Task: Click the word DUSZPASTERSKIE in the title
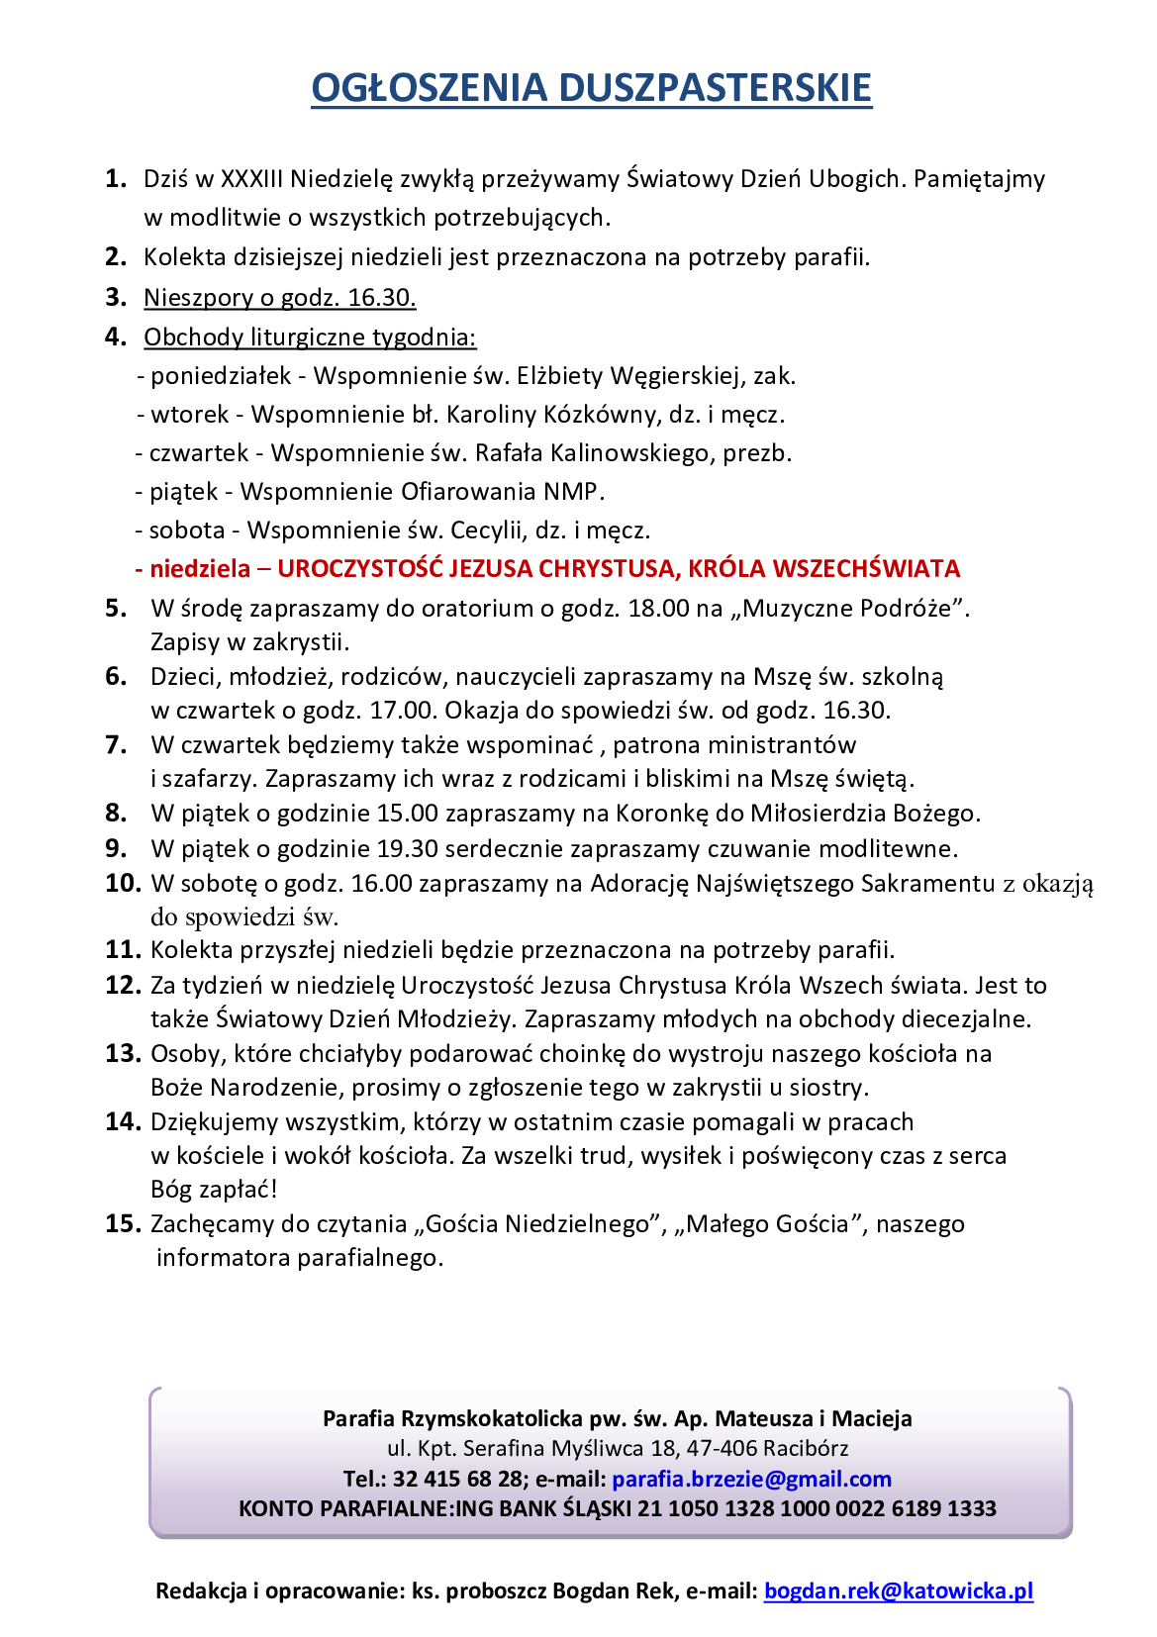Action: (715, 88)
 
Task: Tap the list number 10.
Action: (124, 883)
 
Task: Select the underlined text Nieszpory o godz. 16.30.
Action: (279, 298)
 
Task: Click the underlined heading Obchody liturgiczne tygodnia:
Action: (310, 337)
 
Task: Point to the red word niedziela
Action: (200, 569)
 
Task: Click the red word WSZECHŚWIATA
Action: (866, 569)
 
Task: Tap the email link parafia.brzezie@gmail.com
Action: (751, 1479)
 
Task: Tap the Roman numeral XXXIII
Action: (251, 179)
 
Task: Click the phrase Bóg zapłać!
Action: (214, 1189)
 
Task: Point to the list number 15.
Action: (123, 1223)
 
